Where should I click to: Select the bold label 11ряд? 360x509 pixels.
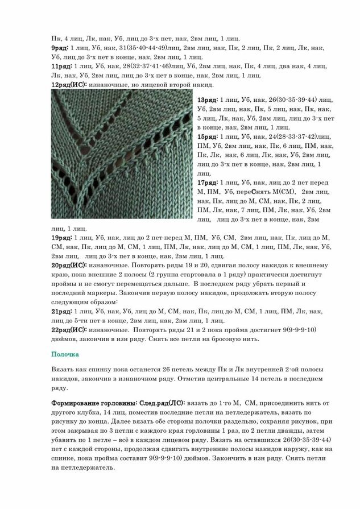tap(62, 66)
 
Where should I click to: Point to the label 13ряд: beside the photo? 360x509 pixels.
tap(207, 100)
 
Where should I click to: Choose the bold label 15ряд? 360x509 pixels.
tap(207, 137)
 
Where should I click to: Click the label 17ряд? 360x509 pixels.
tap(207, 183)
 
